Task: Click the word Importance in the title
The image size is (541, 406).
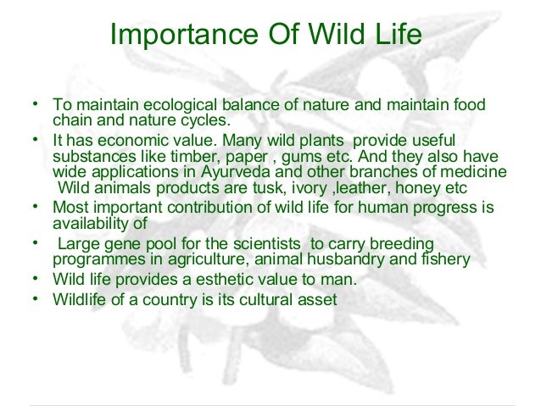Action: point(184,35)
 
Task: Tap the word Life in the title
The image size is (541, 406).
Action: point(399,34)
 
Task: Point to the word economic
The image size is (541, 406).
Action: point(140,141)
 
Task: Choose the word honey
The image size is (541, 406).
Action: point(417,188)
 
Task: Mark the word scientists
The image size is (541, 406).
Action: point(267,244)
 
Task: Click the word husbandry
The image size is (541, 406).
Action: point(345,259)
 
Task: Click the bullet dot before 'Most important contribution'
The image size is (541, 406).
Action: point(35,206)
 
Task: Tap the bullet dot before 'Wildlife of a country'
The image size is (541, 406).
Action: point(35,298)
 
